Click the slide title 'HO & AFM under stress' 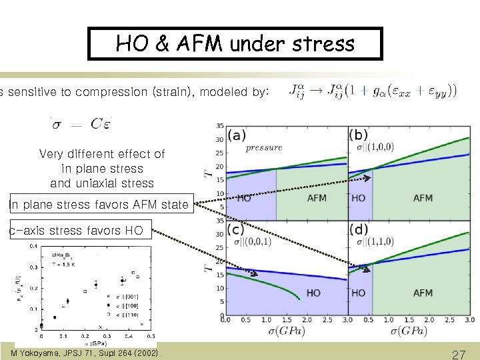[235, 44]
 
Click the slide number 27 [459, 355]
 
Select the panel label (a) [237, 135]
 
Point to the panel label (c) [237, 229]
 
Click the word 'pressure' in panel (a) [264, 147]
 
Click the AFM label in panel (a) [317, 198]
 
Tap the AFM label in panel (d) [423, 293]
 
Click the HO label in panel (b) [359, 198]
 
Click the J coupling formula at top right [373, 90]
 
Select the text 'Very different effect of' [102, 153]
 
